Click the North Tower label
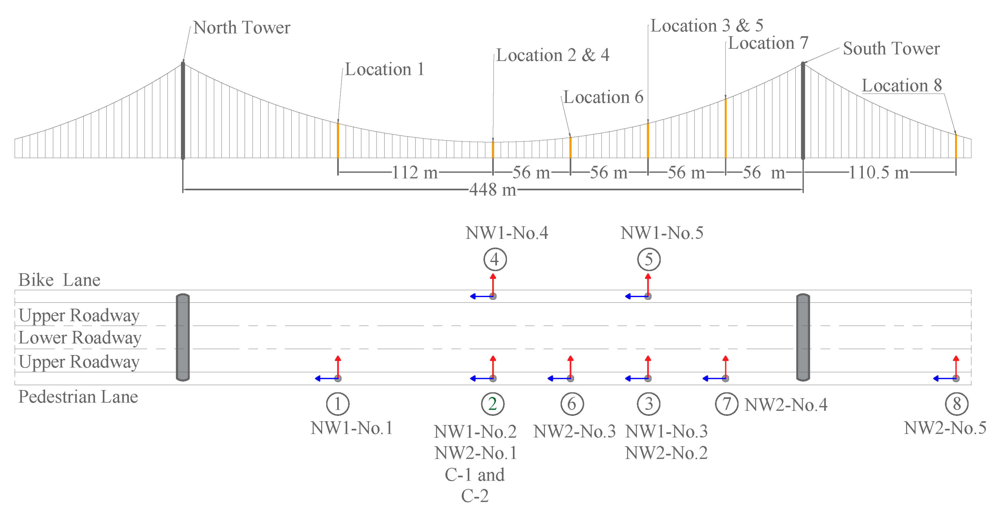pos(241,28)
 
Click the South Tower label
pos(891,49)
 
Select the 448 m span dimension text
pos(493,190)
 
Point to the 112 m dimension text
pos(415,172)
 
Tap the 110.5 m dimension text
pos(878,172)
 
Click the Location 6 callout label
pos(603,97)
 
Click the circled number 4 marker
pos(495,259)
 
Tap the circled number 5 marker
pos(649,259)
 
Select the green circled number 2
pos(493,404)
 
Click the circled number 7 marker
pos(726,404)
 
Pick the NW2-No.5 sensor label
pos(945,428)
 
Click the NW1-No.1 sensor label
pos(351,428)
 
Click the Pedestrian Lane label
pos(78,397)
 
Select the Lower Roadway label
pos(80,338)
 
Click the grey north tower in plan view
pos(183,337)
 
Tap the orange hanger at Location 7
pos(725,128)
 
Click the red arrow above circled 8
pos(956,366)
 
